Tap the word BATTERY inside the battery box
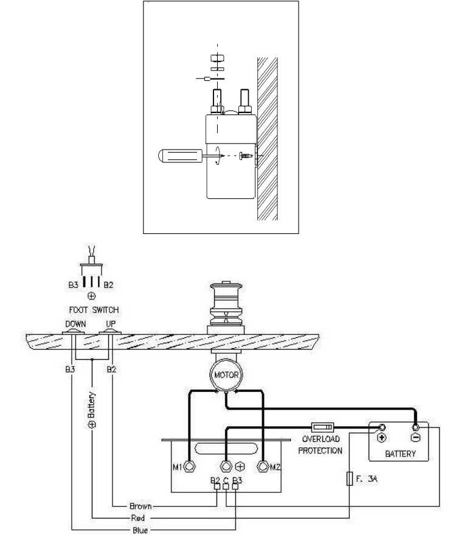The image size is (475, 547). pyautogui.click(x=400, y=453)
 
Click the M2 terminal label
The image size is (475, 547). pyautogui.click(x=276, y=467)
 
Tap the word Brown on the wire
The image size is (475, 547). pyautogui.click(x=140, y=506)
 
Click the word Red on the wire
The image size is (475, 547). pyautogui.click(x=138, y=518)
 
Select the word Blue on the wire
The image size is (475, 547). pyautogui.click(x=139, y=530)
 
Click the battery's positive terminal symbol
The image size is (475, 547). pyautogui.click(x=382, y=437)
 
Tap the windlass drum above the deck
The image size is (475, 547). pyautogui.click(x=225, y=304)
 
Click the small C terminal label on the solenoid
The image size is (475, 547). pyautogui.click(x=226, y=481)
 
